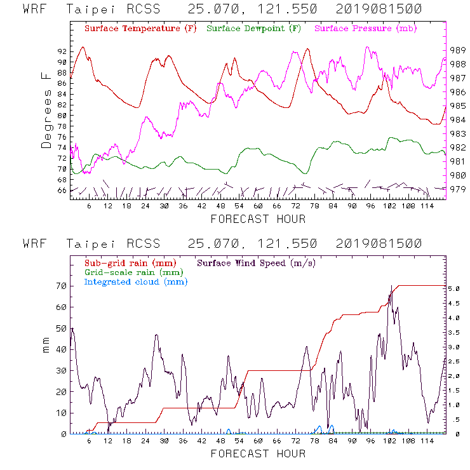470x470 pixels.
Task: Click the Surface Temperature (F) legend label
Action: point(140,29)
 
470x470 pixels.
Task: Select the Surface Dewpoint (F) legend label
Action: point(253,29)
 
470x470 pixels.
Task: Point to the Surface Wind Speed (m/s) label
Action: point(257,262)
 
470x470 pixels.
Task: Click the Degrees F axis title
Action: point(46,110)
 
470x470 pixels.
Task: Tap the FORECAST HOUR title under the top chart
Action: point(258,219)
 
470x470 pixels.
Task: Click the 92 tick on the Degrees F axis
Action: point(62,51)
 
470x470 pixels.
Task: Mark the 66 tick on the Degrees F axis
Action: point(62,190)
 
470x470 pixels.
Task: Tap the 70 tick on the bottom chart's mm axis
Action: point(62,286)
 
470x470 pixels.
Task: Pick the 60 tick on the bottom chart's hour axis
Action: point(258,441)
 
